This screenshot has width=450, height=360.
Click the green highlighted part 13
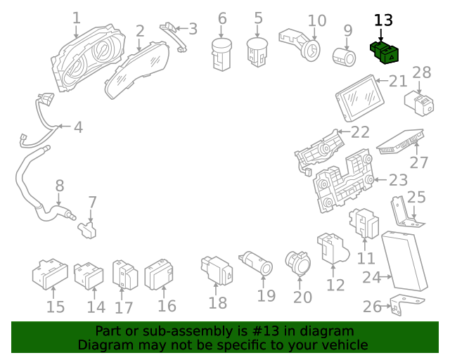tap(385, 51)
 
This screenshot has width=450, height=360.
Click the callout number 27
tap(419, 162)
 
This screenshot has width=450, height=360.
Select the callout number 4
tap(78, 127)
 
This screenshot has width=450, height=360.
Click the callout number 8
tap(60, 186)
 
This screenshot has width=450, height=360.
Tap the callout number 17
tap(124, 307)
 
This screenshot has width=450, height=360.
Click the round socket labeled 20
tap(295, 263)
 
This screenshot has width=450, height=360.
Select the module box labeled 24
tap(404, 260)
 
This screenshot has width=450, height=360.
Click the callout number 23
tap(398, 180)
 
